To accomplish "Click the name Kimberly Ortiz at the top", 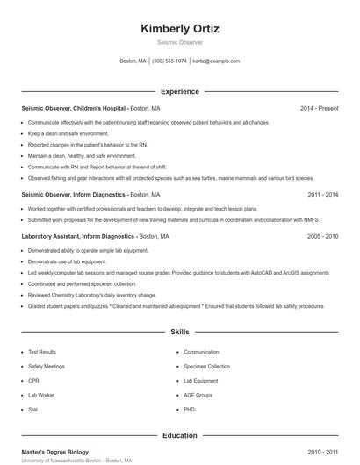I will click(180, 29).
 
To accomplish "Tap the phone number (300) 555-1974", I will click(169, 61).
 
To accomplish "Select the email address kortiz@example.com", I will click(216, 61).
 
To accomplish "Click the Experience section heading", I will click(180, 91).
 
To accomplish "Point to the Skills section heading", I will click(180, 333).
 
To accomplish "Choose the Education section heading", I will click(180, 435).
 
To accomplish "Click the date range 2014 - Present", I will click(319, 108).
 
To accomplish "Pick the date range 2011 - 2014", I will click(322, 194).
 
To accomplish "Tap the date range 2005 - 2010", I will click(322, 236).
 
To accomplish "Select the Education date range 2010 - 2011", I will click(322, 452).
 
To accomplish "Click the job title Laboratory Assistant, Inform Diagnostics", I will click(77, 236).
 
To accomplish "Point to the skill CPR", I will click(33, 381).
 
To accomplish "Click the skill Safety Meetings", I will click(47, 366).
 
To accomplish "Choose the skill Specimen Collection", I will click(206, 366).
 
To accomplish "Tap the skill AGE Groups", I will click(198, 395).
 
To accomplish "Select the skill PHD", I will click(189, 410).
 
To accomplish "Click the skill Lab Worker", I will click(40, 395).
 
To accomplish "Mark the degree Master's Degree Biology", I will click(55, 452).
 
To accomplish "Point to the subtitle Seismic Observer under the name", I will click(180, 43).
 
